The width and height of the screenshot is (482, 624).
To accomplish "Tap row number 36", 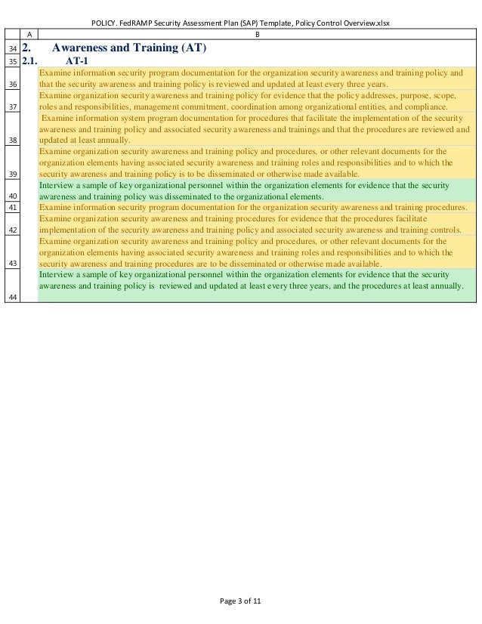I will (11, 84).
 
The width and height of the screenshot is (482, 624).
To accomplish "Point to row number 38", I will (11, 140).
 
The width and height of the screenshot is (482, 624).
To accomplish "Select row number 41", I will (11, 207).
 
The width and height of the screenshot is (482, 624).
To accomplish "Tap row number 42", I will (11, 230).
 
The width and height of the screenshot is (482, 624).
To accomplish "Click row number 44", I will (11, 296).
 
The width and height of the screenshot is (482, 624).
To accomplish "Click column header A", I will (29, 34).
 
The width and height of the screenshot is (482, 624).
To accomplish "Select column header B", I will (257, 34).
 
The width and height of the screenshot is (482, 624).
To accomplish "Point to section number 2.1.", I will (30, 62).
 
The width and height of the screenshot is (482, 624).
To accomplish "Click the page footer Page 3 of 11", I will (240, 601).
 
